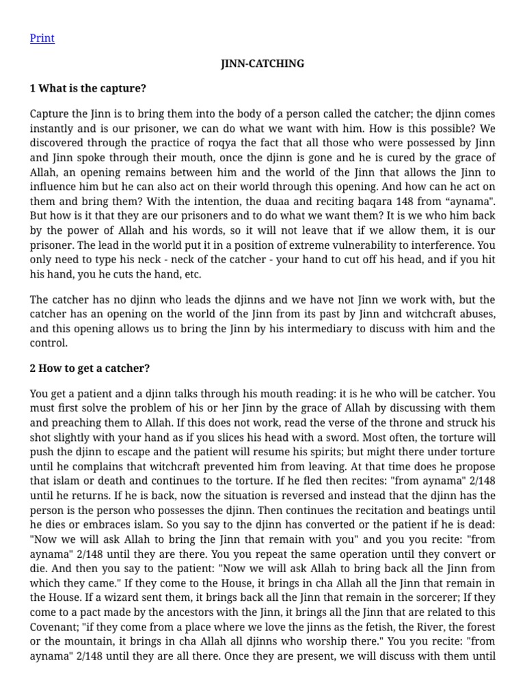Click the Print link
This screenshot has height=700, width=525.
coord(42,38)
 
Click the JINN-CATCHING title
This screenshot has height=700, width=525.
coord(262,64)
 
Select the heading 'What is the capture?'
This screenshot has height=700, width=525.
coord(92,88)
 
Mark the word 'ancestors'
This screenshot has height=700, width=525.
coord(215,612)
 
